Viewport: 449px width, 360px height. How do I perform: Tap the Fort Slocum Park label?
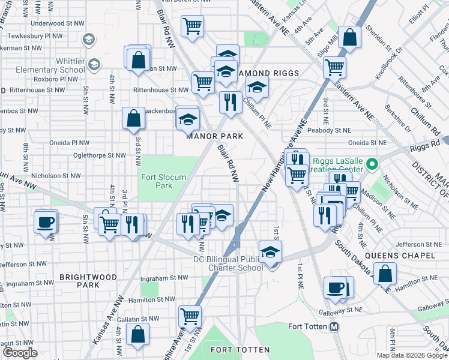coord(155,181)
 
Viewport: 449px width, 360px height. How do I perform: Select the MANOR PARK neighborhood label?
coord(214,136)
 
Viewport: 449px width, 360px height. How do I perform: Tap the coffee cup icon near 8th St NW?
coord(46,222)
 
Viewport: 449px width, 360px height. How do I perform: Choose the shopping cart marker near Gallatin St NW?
coord(190,315)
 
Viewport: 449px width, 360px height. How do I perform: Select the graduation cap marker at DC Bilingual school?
coord(271,252)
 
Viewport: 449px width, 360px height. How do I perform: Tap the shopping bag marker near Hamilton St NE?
coord(385,273)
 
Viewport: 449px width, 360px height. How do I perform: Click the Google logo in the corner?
coord(20,353)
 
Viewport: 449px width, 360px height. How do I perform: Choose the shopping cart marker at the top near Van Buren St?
coord(192,26)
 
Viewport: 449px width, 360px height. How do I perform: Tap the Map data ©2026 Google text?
coord(412,355)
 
